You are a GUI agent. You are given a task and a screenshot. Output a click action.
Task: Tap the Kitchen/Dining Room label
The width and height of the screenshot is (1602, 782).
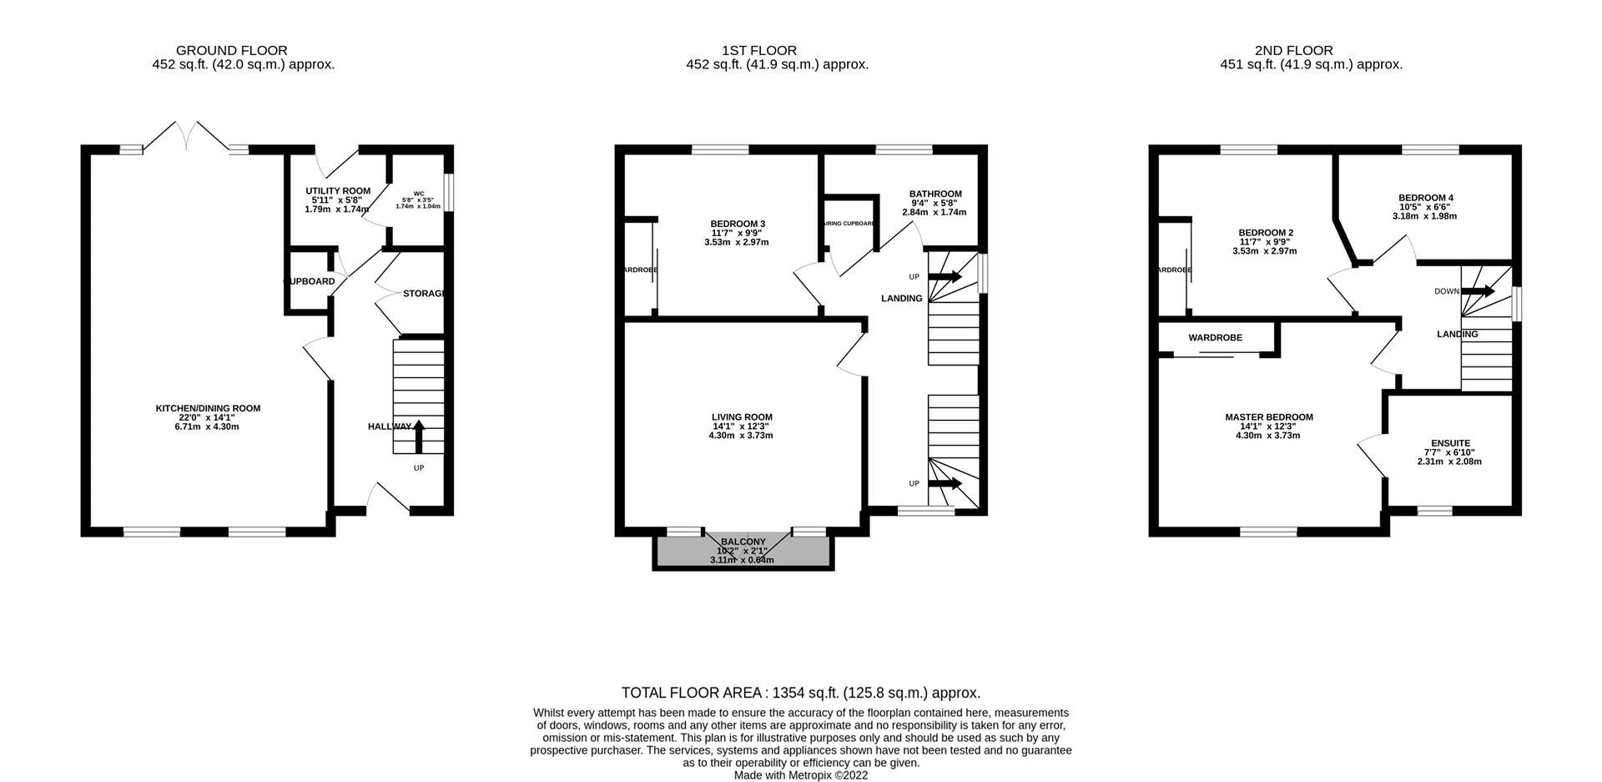[209, 408]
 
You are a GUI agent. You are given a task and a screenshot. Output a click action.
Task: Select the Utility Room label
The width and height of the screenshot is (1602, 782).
[338, 191]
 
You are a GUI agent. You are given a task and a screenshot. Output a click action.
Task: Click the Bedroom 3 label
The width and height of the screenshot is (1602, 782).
[738, 224]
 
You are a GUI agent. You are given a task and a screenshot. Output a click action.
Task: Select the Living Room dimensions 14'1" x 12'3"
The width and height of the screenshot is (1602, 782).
[742, 426]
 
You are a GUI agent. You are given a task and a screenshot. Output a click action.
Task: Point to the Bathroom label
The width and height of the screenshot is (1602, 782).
[935, 194]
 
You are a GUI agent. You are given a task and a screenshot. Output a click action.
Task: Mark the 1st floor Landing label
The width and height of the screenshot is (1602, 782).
[902, 298]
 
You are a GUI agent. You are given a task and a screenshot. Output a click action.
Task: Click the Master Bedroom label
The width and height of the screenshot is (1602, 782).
[1269, 417]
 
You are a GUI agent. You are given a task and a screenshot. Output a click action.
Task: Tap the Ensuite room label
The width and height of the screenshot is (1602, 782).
[1450, 443]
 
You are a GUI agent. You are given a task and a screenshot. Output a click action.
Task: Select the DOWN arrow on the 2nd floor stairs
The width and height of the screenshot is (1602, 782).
[1478, 291]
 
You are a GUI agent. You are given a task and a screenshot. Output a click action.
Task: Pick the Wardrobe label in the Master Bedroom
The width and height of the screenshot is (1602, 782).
[1216, 338]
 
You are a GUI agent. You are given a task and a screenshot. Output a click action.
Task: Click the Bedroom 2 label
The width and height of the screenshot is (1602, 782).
[1266, 233]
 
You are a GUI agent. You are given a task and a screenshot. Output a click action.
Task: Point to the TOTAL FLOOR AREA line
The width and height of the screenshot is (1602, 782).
[801, 693]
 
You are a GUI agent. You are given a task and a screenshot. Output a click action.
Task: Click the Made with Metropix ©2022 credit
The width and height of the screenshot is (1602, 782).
[801, 774]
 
